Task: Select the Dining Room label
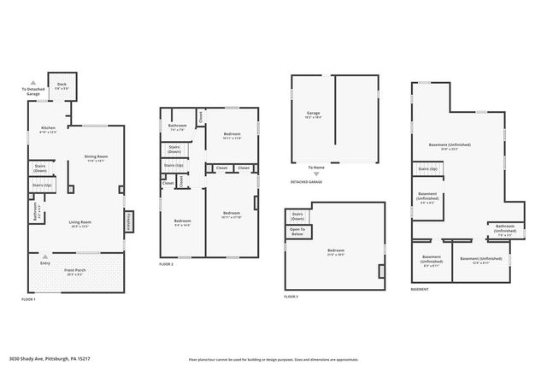point(96,156)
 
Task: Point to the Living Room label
point(80,224)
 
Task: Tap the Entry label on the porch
point(45,263)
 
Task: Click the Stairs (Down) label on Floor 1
point(40,168)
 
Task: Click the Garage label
point(314,115)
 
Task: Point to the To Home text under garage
point(316,167)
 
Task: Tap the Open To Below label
point(297,230)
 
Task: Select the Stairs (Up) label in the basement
point(427,169)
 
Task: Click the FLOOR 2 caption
point(166,265)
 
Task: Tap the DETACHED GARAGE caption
point(306,182)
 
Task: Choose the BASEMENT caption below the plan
point(420,289)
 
